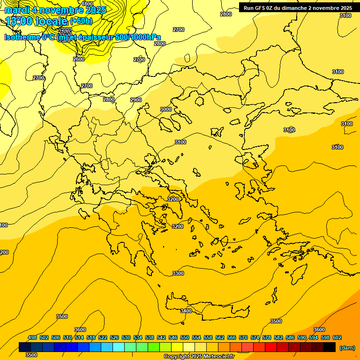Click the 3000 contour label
pyautogui.click(x=166, y=109)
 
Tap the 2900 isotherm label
pyautogui.click(x=136, y=100)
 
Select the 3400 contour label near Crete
pyautogui.click(x=186, y=311)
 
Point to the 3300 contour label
pyautogui.click(x=178, y=273)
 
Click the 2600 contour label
pyautogui.click(x=79, y=59)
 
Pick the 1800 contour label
pyautogui.click(x=87, y=4)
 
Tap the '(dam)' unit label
pyautogui.click(x=346, y=347)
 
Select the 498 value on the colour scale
pyautogui.click(x=32, y=337)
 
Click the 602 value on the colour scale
pyautogui.click(x=337, y=337)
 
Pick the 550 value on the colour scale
pyautogui.click(x=185, y=337)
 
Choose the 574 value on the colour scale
pyautogui.click(x=255, y=337)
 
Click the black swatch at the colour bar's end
pyautogui.click(x=330, y=347)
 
